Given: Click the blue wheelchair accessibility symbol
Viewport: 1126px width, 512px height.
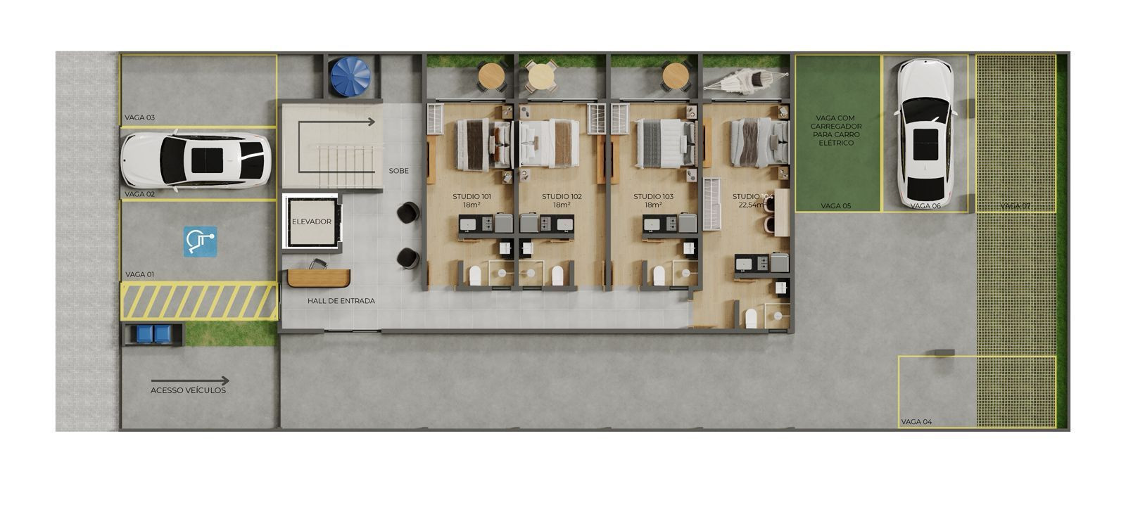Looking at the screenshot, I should [x=201, y=241].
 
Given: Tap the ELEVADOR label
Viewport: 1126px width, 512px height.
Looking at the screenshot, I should [x=311, y=222].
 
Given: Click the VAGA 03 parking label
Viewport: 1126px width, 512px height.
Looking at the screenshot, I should [x=139, y=117].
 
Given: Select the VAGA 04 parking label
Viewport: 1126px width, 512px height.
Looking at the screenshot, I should [x=916, y=422].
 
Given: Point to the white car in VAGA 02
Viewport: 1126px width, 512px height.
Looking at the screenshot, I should [x=196, y=162].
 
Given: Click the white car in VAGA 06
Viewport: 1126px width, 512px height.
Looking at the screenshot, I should [x=923, y=133].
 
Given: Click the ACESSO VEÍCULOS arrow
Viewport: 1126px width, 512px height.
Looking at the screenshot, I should [x=209, y=380].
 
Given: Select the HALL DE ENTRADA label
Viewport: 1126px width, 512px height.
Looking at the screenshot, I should [x=341, y=301].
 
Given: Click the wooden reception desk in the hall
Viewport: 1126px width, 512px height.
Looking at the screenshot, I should [x=319, y=277].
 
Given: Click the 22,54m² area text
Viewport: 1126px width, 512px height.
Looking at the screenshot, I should [x=750, y=205].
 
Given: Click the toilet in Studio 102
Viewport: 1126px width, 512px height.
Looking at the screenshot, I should [x=558, y=275].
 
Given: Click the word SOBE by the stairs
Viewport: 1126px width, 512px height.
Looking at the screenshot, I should [x=398, y=171].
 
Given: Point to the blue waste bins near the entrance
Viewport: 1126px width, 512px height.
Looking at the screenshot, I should [x=153, y=333].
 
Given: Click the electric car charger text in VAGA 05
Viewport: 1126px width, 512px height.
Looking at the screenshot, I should [x=836, y=130].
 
